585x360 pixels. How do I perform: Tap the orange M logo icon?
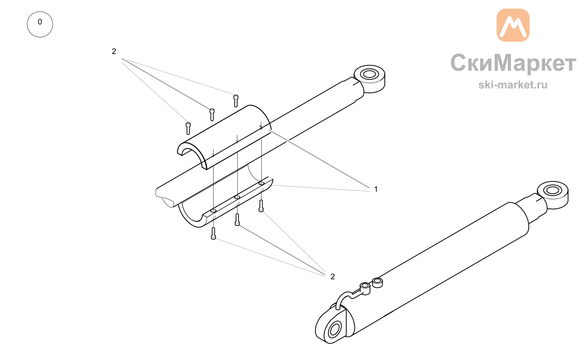(x=513, y=25)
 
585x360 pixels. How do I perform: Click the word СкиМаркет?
(x=513, y=63)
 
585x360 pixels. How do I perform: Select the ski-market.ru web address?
(x=513, y=85)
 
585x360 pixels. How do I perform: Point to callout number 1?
(x=376, y=189)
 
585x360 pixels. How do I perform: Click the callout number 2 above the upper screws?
(x=114, y=52)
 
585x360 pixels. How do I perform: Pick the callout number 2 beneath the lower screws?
(x=333, y=277)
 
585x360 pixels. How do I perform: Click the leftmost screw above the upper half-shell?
(x=188, y=128)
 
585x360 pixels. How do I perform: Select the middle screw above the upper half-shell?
(x=212, y=114)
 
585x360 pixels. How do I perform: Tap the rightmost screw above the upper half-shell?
(x=236, y=101)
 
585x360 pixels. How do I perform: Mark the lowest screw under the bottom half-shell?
(x=214, y=234)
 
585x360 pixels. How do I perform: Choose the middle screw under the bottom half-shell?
(x=237, y=220)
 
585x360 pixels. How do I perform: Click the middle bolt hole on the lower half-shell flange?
(x=237, y=197)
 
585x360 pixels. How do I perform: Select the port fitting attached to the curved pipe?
(x=365, y=288)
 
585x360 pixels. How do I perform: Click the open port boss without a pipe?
(x=377, y=283)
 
